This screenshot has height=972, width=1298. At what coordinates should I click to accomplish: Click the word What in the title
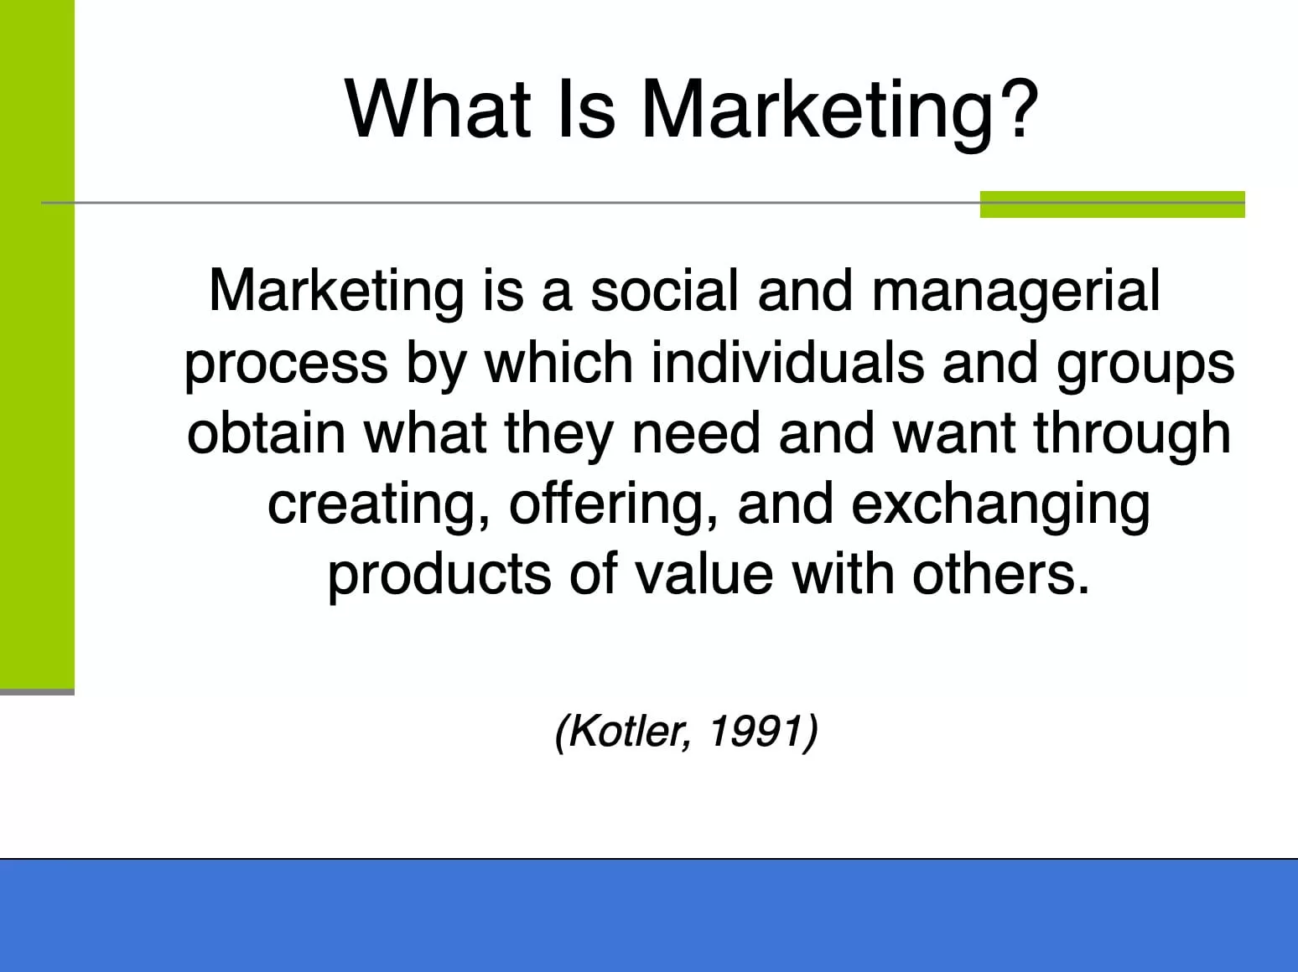(x=437, y=109)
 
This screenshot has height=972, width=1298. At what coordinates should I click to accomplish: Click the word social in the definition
(x=665, y=290)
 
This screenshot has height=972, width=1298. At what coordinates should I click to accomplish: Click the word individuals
(x=787, y=362)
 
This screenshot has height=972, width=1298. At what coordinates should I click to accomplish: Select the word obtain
(x=266, y=432)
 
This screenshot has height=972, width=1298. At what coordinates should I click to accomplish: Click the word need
(x=696, y=432)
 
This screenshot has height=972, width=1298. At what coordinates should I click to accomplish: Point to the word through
(x=1133, y=436)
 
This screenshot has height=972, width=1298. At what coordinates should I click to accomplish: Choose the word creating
(x=379, y=507)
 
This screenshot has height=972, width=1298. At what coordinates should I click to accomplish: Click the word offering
(x=613, y=507)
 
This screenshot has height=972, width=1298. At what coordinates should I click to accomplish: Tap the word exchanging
(x=1001, y=507)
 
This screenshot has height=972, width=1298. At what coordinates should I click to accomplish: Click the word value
(x=704, y=574)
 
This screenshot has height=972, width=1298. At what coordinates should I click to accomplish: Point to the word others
(x=1001, y=574)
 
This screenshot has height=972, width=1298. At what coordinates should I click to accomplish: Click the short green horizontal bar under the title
(x=1113, y=204)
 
